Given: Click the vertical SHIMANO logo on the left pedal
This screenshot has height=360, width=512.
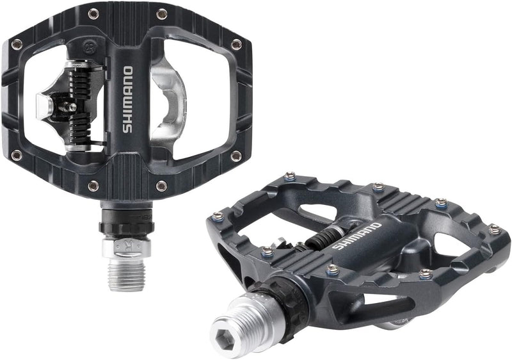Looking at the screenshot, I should pyautogui.click(x=127, y=99).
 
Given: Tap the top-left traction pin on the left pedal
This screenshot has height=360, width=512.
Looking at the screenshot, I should pyautogui.click(x=94, y=13).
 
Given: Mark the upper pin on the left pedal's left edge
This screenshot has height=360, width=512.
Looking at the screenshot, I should pyautogui.click(x=17, y=44).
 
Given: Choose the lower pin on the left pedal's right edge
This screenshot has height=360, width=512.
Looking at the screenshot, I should pyautogui.click(x=237, y=155).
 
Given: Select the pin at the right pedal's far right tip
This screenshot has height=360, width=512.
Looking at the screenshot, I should pyautogui.click(x=492, y=227).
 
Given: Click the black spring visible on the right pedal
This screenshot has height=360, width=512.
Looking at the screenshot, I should pyautogui.click(x=320, y=239).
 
